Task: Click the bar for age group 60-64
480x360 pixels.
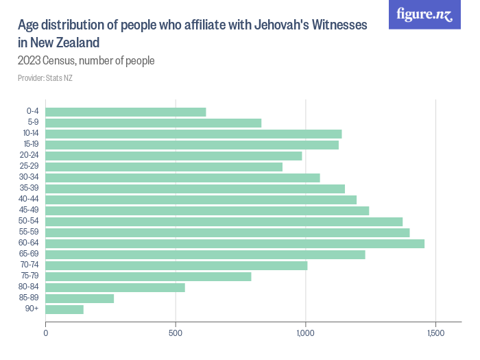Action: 235,243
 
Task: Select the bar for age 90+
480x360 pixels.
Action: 64,309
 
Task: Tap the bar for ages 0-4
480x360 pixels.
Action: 125,112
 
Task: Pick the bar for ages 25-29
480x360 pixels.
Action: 164,167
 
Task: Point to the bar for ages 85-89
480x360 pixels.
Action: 80,298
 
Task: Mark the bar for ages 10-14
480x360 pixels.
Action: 193,134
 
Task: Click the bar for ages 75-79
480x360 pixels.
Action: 148,276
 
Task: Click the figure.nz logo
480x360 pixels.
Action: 424,15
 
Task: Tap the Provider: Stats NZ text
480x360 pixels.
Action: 45,77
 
